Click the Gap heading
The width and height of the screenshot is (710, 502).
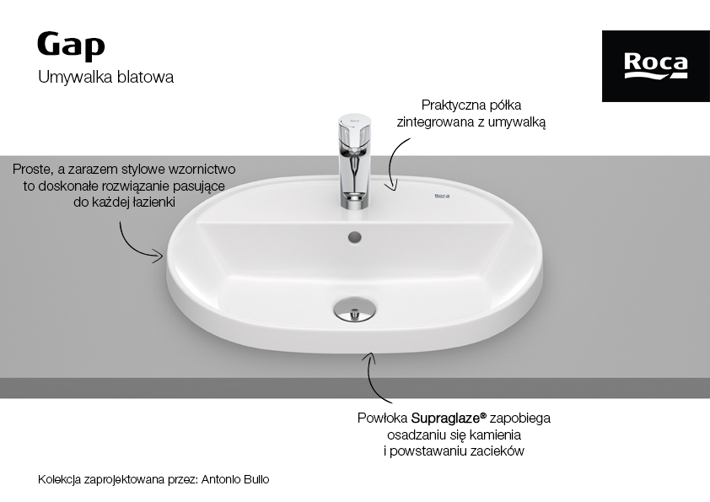point(71,46)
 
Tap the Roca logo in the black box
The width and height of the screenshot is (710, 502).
point(656,66)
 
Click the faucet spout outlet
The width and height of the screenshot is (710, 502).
point(354,197)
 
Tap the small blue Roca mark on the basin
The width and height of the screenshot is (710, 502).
point(442,197)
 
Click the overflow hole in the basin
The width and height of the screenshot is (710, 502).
point(354,236)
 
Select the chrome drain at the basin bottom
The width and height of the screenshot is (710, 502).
point(354,309)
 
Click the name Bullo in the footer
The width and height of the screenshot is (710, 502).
point(256,479)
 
